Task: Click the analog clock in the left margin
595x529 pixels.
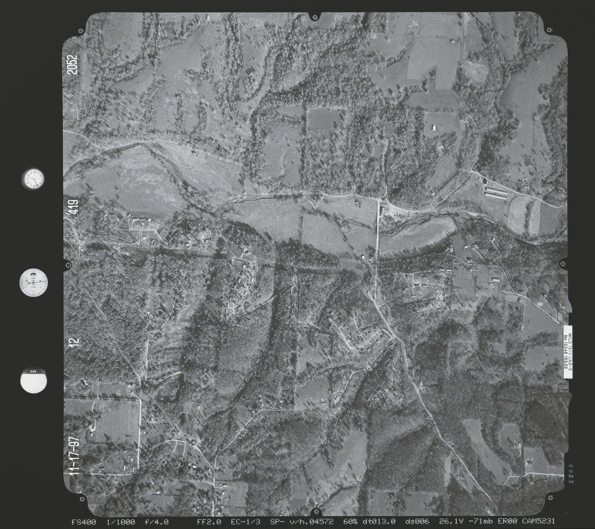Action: click(33, 178)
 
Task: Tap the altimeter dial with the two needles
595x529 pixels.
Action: click(33, 282)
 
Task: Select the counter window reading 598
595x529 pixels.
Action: click(33, 381)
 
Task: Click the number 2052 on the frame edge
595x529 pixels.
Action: click(73, 64)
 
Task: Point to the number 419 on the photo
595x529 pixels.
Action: click(73, 207)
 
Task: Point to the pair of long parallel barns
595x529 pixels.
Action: click(496, 191)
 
